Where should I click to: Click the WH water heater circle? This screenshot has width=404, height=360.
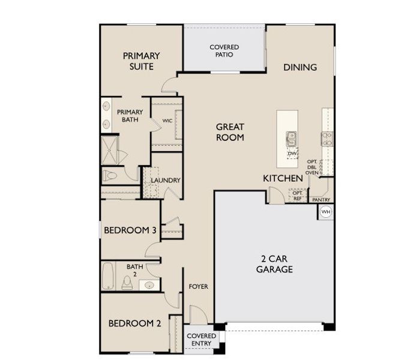[325, 212]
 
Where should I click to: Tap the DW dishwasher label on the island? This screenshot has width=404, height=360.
[292, 154]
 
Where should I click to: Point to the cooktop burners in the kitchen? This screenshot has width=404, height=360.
[328, 139]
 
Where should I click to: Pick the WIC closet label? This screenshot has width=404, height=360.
[167, 121]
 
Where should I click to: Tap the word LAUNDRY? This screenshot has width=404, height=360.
[166, 180]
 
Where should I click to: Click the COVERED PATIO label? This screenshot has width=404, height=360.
[224, 50]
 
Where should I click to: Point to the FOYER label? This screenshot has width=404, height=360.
[198, 287]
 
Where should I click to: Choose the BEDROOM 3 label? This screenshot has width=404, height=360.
[130, 230]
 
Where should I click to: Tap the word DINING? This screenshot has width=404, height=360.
[300, 67]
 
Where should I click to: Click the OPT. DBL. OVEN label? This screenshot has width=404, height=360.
[312, 167]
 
